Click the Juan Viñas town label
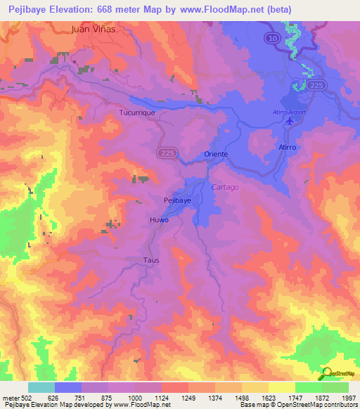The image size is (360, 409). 93,30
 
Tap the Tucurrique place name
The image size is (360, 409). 137,112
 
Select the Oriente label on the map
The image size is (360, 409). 216,154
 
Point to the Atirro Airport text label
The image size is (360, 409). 287,112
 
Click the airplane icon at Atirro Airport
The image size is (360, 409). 290,122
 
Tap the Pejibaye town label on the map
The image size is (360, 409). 178,200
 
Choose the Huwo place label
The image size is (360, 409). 158,220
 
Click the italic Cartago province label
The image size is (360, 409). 225,187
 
